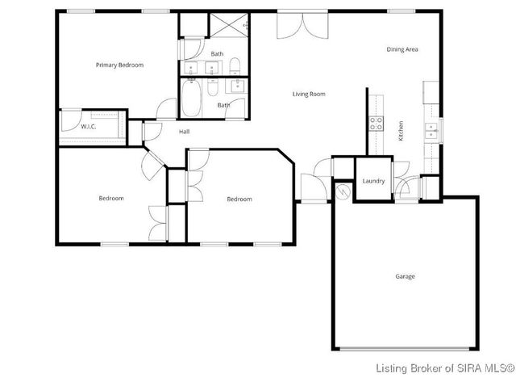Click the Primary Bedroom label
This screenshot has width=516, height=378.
[x=119, y=65]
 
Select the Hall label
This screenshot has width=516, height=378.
[x=184, y=131]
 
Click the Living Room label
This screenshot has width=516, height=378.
[x=308, y=94]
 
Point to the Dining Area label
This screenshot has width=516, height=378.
[x=402, y=50]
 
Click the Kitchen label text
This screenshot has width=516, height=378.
[x=401, y=131]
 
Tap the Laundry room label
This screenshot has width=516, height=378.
[x=373, y=181]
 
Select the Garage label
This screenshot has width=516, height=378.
[x=405, y=276]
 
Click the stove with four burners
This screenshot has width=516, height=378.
[x=376, y=123]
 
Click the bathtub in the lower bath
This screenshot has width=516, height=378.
[x=191, y=98]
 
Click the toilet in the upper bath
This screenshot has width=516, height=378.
[x=232, y=65]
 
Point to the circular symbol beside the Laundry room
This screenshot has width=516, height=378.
[x=341, y=192]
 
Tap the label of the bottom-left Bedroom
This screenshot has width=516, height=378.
[x=111, y=199]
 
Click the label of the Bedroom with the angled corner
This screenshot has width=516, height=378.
[x=239, y=199]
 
